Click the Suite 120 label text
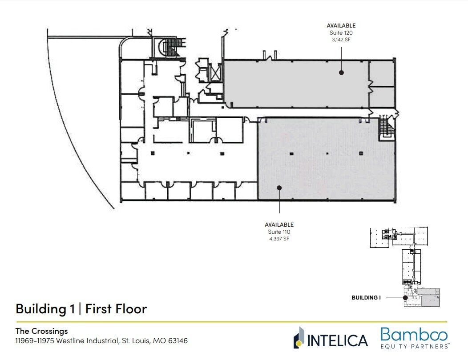[341, 33]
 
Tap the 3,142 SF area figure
[341, 40]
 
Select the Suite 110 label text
[279, 232]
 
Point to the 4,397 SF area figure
[279, 239]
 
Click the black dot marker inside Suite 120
[341, 72]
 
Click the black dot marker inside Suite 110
[279, 188]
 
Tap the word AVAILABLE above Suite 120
[341, 26]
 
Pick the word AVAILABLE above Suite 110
[279, 225]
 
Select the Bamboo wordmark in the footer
[414, 335]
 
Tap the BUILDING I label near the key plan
[366, 298]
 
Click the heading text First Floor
[116, 308]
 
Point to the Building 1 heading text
[45, 308]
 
